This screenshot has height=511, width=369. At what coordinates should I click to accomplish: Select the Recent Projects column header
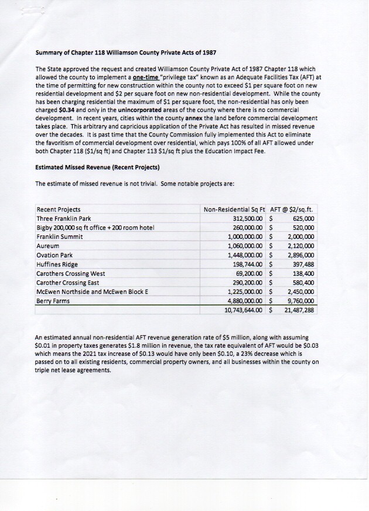coord(59,209)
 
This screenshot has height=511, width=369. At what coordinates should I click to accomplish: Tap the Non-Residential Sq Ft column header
coord(234,209)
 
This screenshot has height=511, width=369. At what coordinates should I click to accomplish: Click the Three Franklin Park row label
coord(62,218)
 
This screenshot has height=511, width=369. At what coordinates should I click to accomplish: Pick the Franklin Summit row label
coord(60,236)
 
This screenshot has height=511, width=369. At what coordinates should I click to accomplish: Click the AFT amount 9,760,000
coord(300,300)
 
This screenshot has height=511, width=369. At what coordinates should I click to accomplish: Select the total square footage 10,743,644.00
coord(245,310)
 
